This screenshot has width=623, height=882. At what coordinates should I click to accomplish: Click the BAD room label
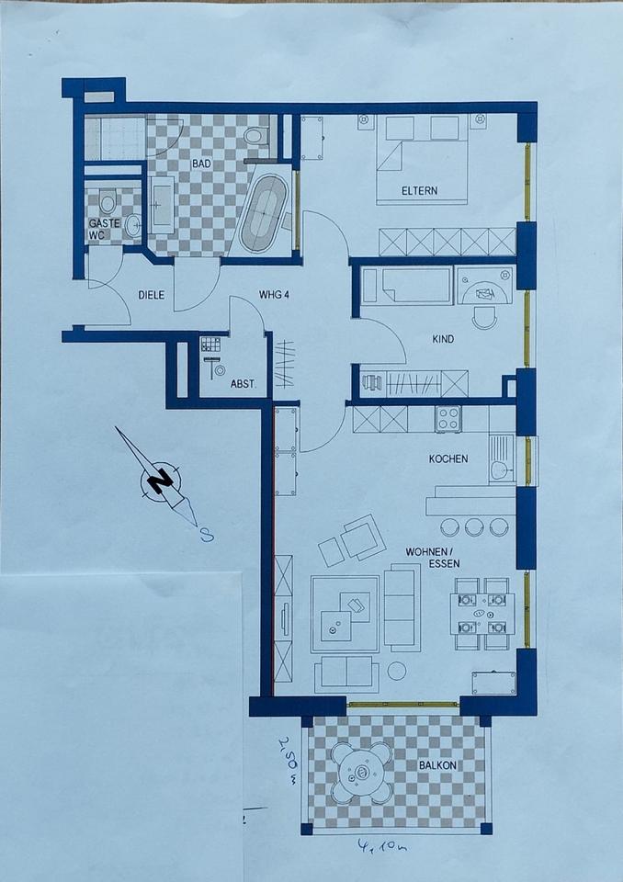[201, 164]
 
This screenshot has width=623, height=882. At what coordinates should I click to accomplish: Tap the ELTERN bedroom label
[419, 191]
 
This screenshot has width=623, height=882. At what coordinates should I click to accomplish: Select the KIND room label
[443, 339]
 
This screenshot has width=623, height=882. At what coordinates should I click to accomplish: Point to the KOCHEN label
[448, 458]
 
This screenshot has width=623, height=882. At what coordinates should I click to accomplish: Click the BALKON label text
[437, 765]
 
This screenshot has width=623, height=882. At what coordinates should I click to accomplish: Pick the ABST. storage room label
[243, 385]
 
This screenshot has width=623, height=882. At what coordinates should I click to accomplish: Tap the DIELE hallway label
[152, 295]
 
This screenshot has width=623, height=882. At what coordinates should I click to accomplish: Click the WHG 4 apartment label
[274, 294]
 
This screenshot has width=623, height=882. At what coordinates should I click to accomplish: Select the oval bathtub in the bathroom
[264, 214]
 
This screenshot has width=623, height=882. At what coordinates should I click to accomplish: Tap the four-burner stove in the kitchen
[448, 419]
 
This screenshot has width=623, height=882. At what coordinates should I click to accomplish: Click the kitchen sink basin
[499, 469]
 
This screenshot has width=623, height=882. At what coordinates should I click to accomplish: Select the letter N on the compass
[162, 480]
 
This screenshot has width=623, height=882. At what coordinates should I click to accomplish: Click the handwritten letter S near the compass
[207, 536]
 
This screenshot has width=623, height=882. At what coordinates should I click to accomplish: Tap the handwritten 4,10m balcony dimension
[382, 845]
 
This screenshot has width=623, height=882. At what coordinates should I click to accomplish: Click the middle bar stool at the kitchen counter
[474, 526]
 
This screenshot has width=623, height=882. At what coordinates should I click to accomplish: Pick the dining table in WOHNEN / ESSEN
[482, 614]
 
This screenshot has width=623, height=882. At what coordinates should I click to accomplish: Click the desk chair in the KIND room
[484, 318]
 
